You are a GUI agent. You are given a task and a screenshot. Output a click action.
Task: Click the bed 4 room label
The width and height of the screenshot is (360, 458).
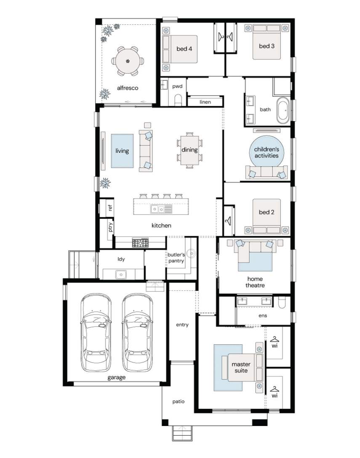pyautogui.click(x=184, y=49)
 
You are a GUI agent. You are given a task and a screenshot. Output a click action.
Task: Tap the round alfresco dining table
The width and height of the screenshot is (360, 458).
pyautogui.click(x=128, y=61)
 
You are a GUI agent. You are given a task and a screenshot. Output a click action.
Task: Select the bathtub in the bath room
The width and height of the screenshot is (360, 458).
pyautogui.click(x=283, y=110)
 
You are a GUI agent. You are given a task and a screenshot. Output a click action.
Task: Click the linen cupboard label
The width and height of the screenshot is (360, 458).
pyautogui.click(x=205, y=102)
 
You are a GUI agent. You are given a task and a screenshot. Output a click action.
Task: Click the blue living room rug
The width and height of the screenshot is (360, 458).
pyautogui.click(x=122, y=151)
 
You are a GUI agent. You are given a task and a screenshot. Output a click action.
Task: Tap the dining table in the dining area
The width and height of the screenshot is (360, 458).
pyautogui.click(x=189, y=150)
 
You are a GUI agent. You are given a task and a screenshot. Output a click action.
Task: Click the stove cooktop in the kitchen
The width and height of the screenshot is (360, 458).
pyautogui.click(x=140, y=243)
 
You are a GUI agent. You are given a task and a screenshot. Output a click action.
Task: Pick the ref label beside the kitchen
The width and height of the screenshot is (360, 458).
pyautogui.click(x=110, y=208)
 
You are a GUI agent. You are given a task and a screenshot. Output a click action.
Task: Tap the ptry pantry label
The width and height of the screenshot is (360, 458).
pyautogui.click(x=110, y=227)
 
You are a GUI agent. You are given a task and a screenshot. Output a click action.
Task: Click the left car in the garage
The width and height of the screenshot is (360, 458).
pyautogui.click(x=96, y=333)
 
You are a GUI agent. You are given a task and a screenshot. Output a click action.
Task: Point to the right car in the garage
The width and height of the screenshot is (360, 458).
pyautogui.click(x=137, y=333)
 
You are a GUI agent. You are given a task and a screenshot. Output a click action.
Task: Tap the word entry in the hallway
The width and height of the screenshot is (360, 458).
pyautogui.click(x=182, y=325)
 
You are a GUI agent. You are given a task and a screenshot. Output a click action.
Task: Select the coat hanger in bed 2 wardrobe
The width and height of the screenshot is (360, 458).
pyautogui.click(x=229, y=221)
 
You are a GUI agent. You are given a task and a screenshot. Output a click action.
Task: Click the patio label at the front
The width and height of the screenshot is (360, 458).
pyautogui.click(x=178, y=402)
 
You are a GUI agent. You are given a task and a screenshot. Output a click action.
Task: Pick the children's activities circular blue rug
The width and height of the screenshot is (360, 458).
pyautogui.click(x=267, y=152)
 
